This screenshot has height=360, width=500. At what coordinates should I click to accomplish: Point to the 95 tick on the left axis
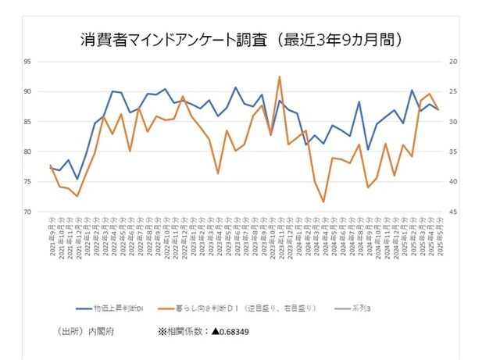tap(49, 62)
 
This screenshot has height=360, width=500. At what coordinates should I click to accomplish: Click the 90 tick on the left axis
tap(49, 91)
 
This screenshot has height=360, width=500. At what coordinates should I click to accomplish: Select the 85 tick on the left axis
tap(49, 122)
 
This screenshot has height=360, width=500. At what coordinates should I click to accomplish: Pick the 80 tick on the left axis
tap(49, 151)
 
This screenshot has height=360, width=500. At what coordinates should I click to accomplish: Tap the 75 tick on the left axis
tap(49, 181)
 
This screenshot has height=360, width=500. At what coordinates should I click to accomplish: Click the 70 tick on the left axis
tap(49, 212)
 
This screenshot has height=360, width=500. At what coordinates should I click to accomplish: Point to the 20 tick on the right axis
tap(454, 62)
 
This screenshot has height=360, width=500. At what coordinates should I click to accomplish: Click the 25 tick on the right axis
tap(454, 91)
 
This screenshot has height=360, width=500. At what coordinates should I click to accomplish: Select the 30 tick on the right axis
tap(454, 122)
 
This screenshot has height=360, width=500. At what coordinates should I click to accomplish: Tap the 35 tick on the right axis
tap(454, 151)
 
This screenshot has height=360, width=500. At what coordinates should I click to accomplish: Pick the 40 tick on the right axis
tap(454, 181)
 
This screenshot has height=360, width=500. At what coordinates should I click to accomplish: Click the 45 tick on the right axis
tap(454, 212)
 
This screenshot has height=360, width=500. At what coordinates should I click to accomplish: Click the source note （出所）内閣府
tap(87, 332)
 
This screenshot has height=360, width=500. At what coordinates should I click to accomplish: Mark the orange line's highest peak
tap(280, 77)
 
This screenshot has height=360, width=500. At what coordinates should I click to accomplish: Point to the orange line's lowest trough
tap(323, 201)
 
